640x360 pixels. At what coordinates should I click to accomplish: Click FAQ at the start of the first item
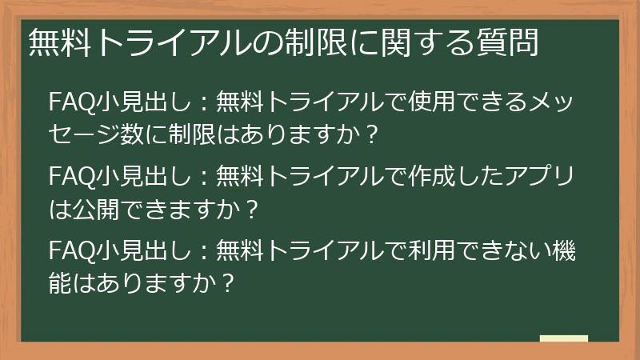tap(65, 103)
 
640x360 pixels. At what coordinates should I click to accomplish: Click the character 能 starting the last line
tap(61, 283)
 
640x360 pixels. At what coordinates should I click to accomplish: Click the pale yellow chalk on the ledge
tap(563, 338)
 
